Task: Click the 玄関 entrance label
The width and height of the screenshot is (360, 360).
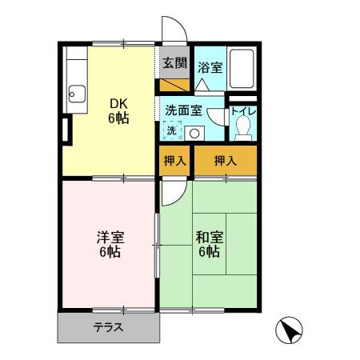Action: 174,63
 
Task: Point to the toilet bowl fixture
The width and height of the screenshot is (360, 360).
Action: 243,126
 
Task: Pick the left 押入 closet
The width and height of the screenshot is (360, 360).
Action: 174,161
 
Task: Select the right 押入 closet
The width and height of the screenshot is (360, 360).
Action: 225,161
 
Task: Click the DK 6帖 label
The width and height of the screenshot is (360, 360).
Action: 119,110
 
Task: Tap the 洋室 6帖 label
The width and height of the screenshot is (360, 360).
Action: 110,245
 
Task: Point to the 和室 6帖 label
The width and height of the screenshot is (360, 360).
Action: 208,245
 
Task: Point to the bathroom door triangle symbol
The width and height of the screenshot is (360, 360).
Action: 202,85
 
